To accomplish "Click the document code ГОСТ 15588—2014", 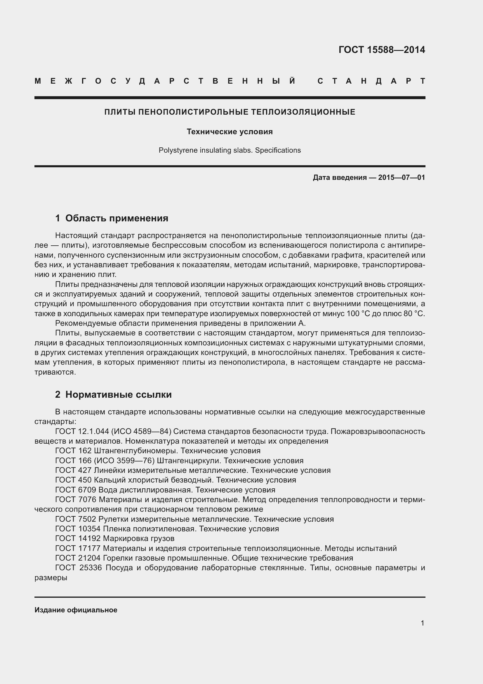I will pos(382,50).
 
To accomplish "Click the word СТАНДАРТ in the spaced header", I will pos(371,81).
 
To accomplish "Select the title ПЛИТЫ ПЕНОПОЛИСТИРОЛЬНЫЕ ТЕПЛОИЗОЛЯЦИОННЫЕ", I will pos(230,112).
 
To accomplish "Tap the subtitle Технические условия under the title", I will pos(230,132).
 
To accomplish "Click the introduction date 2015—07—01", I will pos(402,178).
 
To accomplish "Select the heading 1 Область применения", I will pos(112,218).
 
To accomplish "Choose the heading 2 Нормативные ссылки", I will pos(113,394).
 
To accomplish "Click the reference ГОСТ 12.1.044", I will pos(78,431).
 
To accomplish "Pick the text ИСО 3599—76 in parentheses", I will pos(124,461).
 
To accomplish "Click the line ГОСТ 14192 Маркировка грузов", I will pos(115,538).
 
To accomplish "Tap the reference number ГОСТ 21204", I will pos(78,558).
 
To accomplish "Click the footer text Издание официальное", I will pos(76,610).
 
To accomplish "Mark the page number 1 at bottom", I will pos(422,623).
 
